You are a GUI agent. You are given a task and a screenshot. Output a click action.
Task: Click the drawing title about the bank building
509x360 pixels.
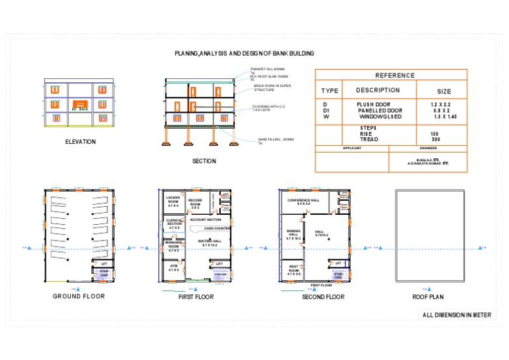[244, 53]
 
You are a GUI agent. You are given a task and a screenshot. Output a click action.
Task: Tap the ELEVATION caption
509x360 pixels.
[80, 141]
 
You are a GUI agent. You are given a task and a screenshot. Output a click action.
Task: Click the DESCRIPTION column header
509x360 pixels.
[378, 90]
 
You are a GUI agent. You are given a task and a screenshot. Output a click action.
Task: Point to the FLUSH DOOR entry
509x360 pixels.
[374, 105]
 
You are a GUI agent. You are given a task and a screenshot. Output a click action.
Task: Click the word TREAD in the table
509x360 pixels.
[369, 139]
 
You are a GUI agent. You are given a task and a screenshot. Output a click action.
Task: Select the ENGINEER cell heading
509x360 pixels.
[428, 149]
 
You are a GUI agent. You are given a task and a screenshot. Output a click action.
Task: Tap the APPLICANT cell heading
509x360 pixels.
[352, 149]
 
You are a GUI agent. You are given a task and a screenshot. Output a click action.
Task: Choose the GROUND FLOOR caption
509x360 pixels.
[79, 296]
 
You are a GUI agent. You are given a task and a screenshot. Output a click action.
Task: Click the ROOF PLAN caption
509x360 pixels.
[427, 297]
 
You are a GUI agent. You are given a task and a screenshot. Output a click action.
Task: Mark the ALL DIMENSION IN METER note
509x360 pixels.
[457, 315]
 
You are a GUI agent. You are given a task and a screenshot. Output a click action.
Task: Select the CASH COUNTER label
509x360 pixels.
[217, 228]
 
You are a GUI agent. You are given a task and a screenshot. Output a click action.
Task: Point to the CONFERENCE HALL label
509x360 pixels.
[304, 202]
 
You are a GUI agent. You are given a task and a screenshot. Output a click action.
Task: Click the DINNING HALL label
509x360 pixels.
[293, 234]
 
